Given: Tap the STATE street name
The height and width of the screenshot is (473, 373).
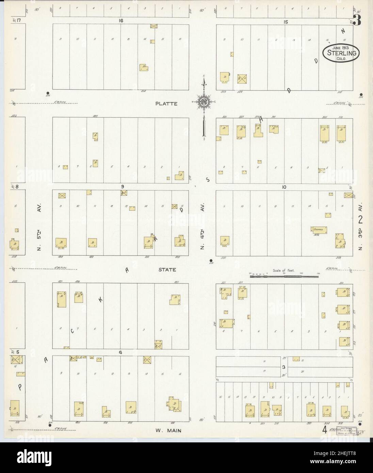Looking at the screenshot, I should tap(167, 270).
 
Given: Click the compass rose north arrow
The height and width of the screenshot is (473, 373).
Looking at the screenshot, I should tap(204, 102).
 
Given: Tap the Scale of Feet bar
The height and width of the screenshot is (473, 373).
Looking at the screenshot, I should tap(284, 277).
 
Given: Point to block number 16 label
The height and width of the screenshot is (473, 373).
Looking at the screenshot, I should tap(120, 21).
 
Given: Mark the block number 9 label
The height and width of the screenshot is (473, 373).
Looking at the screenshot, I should tap(120, 186).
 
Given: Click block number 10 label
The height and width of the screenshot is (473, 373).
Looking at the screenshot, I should tap(285, 187).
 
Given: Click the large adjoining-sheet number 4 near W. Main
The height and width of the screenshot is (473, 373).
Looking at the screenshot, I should tap(325, 429).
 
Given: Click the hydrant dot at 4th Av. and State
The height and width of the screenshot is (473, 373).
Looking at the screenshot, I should tap(211, 261).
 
